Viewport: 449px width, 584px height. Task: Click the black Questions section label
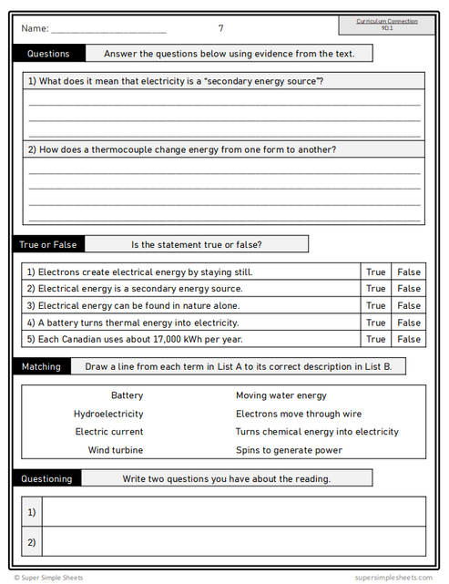pos(49,54)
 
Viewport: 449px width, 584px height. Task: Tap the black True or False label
pos(49,244)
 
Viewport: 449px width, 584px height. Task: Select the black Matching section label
pos(44,366)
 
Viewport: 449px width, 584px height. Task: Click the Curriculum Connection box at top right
pos(387,24)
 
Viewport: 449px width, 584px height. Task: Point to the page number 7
pos(220,28)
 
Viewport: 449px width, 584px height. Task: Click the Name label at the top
pos(34,29)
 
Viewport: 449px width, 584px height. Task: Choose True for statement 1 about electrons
pos(375,272)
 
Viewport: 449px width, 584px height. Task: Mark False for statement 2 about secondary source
pos(409,289)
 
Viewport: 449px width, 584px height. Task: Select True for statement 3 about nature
pos(375,305)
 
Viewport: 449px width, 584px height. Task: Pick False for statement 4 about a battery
pos(409,323)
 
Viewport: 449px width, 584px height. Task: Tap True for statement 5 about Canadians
pos(375,339)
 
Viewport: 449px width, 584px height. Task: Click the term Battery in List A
pos(127,395)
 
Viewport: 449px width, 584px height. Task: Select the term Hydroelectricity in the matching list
pos(108,414)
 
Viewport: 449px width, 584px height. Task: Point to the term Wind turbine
pos(115,450)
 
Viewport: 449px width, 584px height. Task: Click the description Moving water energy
pos(281,395)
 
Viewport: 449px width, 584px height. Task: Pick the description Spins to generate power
pos(289,450)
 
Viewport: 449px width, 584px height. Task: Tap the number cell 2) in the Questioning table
pos(32,542)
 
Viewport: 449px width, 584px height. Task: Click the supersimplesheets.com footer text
pos(393,577)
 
